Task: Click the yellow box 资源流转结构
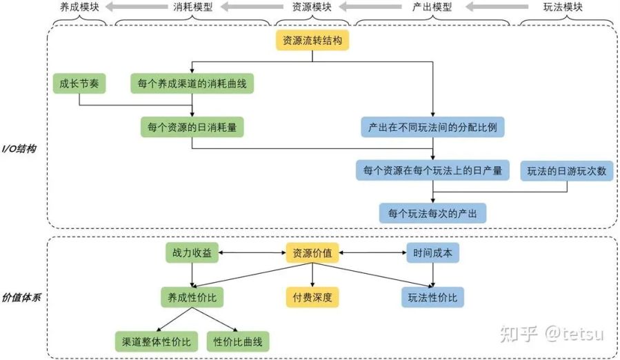click(x=313, y=41)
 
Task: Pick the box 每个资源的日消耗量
click(x=192, y=127)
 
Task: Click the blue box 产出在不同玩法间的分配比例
click(x=433, y=127)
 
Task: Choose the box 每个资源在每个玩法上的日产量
click(x=433, y=170)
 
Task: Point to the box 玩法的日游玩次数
click(x=567, y=170)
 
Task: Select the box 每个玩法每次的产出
click(x=433, y=212)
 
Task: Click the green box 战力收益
click(x=192, y=253)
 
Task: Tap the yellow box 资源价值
click(x=312, y=253)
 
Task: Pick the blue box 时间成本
click(x=433, y=253)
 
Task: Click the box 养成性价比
click(x=192, y=297)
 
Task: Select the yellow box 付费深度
click(x=312, y=297)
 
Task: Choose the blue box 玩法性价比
click(x=433, y=297)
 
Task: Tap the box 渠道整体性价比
click(x=157, y=341)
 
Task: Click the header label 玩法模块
click(x=563, y=8)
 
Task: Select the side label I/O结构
click(x=19, y=149)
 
